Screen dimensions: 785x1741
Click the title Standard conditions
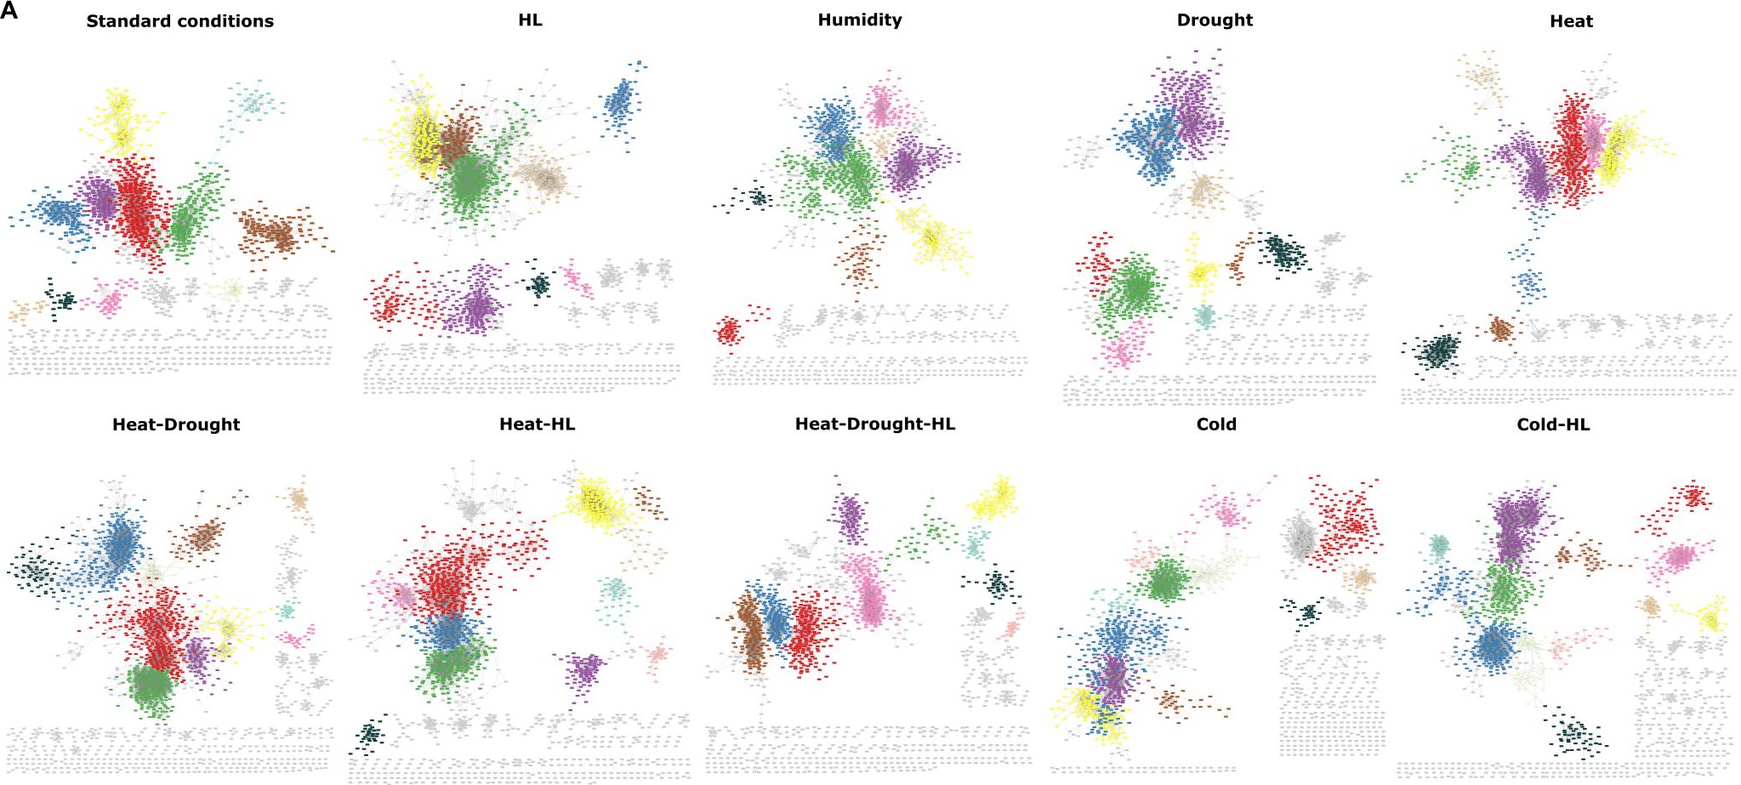pos(179,21)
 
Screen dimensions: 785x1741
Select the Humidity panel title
pos(859,20)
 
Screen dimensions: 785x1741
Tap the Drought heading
pos(1214,20)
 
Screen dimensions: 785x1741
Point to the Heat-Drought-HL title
pos(874,424)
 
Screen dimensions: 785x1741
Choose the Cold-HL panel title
pos(1552,424)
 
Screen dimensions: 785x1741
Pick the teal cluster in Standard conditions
pos(252,104)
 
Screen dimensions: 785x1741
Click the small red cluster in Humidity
pos(729,329)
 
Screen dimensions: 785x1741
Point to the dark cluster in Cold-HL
pos(1573,732)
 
